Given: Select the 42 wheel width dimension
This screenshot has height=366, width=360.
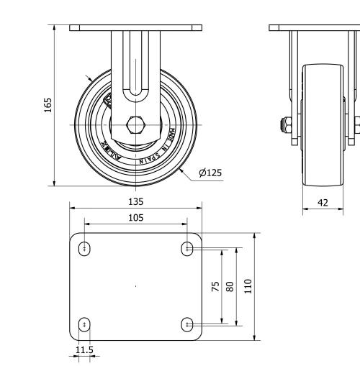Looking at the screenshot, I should point(323,203).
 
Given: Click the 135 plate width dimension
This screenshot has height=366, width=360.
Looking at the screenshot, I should point(135,201).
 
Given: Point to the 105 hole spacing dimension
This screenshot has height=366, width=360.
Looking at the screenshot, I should point(135,218).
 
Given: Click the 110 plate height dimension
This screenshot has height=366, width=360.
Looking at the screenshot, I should point(248,285).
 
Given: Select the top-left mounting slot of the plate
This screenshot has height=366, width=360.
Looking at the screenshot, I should point(85,249).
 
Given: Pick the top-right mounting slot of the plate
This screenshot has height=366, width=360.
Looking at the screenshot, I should point(187,249).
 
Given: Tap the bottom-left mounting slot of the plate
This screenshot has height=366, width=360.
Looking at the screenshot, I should point(85,324).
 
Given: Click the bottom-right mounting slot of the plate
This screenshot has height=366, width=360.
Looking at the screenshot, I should point(187,324).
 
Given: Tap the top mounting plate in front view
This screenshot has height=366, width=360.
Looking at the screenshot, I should point(135,28).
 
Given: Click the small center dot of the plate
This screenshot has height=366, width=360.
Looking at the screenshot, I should point(136,286).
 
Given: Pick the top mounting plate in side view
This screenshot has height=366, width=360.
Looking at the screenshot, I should point(315,28).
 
